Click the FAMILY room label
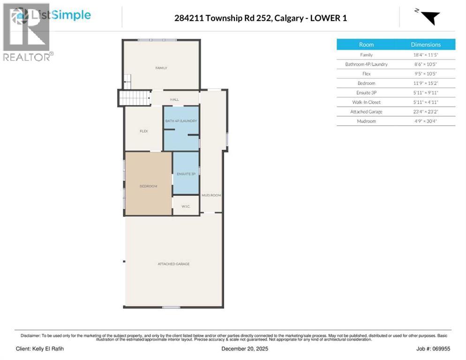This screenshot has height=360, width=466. click(161, 68)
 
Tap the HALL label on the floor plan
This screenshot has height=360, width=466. click(174, 99)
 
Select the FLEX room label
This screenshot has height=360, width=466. click(144, 131)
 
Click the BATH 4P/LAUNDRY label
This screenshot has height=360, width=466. click(181, 121)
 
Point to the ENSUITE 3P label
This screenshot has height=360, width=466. click(186, 174)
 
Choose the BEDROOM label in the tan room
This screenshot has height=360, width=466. click(148, 186)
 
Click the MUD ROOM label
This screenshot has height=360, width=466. click(211, 195)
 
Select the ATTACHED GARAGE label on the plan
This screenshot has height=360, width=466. click(173, 264)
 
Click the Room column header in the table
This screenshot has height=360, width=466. click(366, 45)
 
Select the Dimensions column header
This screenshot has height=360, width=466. click(426, 45)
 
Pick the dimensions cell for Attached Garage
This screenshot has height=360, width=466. click(426, 112)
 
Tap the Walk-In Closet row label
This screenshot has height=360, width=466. click(366, 102)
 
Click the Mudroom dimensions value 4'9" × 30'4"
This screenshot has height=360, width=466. click(426, 121)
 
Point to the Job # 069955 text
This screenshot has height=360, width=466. click(430, 349)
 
